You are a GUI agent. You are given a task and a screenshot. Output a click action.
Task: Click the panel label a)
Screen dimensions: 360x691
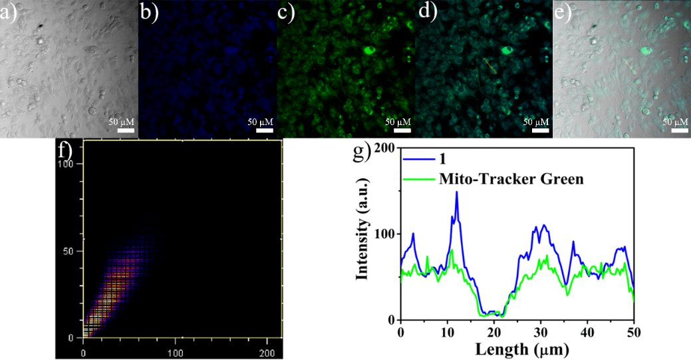coord(8,11)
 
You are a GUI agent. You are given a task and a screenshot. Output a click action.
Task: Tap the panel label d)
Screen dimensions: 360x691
coord(424,11)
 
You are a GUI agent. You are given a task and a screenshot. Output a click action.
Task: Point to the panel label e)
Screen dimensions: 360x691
coord(563,11)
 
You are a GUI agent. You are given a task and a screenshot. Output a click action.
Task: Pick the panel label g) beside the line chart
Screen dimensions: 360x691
coord(362,153)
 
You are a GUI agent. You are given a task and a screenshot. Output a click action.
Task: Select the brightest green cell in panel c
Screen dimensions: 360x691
coord(368,50)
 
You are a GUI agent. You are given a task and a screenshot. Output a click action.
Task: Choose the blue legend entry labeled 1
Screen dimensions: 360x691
coord(442,160)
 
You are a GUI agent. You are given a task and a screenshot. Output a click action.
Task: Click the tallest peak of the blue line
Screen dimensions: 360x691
coord(456,192)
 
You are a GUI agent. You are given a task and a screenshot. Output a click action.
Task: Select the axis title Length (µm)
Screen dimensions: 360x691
coord(516,348)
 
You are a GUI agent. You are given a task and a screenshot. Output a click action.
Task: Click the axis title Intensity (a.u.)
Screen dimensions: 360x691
coord(362,234)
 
